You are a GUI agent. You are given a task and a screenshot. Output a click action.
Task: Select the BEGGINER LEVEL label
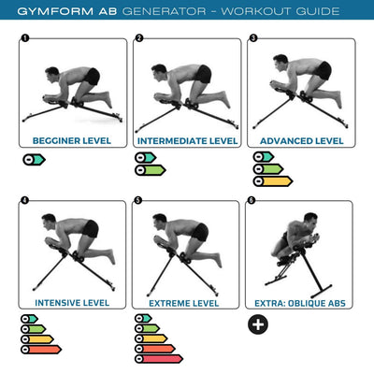coord(71,141)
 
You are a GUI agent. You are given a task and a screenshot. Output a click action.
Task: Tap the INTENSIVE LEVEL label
coord(71,303)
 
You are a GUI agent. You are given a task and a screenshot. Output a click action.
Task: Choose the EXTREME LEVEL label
coord(185,303)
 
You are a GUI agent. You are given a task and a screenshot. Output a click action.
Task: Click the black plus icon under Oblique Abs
coord(257,324)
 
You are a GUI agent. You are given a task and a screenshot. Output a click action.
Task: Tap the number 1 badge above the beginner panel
coord(24,38)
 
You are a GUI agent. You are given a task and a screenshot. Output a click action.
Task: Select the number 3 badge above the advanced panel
coord(252,38)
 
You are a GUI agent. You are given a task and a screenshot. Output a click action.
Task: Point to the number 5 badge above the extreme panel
coord(138,200)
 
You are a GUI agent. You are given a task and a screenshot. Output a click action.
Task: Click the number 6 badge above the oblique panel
coord(252,200)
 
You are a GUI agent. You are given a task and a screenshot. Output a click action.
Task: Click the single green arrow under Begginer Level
coord(34,159)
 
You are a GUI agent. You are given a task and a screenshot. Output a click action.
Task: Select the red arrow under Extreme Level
coord(158,358)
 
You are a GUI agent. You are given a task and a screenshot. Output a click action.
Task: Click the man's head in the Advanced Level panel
coord(279,62)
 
